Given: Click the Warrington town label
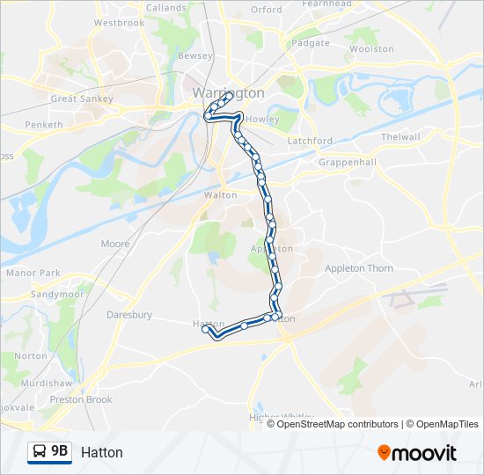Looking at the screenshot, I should tap(227, 92).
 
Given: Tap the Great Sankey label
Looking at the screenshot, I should tap(82, 99).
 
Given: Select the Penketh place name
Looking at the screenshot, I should tap(43, 125).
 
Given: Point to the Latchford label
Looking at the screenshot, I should tap(310, 141).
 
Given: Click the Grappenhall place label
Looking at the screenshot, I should tap(347, 163).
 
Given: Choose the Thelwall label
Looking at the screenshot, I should tap(400, 137).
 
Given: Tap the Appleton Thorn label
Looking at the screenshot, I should tap(359, 268).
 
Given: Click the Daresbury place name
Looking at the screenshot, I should tap(129, 314).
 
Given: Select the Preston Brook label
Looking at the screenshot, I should tap(81, 399).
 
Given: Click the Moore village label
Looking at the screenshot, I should tap(115, 244).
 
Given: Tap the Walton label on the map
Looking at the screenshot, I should tap(220, 195).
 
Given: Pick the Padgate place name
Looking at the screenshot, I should tap(310, 42).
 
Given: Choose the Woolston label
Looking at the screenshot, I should tap(371, 49).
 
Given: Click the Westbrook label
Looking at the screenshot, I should tap(119, 22).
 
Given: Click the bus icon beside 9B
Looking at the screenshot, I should tap(40, 451).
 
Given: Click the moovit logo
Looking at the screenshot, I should tap(417, 452).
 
